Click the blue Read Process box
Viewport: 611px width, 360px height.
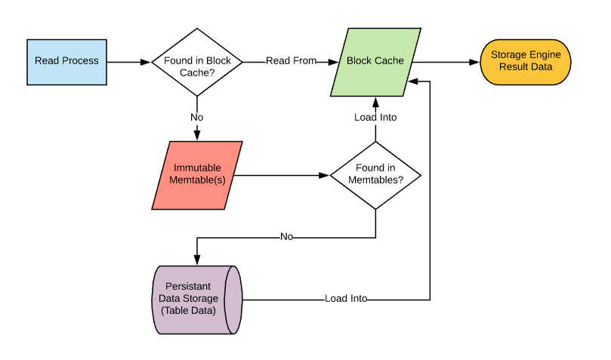coord(66,61)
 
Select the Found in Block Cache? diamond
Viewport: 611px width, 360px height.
coord(197,61)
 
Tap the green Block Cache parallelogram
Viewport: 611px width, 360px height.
coord(375,61)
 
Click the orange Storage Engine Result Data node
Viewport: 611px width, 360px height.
coord(526,61)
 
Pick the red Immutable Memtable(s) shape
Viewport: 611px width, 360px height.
coord(197,175)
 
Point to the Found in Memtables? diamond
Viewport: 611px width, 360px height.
coord(375,175)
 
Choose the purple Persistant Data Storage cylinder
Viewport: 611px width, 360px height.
coord(196,299)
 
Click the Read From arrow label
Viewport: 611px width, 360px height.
coord(291,61)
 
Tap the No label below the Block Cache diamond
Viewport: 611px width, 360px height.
coord(197,118)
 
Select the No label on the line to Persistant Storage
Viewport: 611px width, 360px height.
coord(286,237)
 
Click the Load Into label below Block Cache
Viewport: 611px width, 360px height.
coord(375,118)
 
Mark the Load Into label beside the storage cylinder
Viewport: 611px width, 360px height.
coord(346,299)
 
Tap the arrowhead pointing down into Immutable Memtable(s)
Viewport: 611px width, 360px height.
coord(197,137)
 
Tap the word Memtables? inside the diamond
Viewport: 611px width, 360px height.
coord(375,181)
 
